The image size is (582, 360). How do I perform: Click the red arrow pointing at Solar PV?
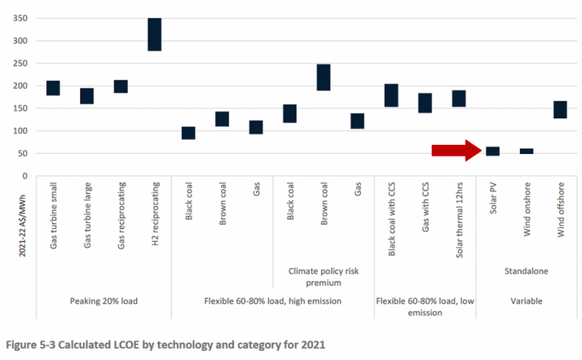[x=455, y=150]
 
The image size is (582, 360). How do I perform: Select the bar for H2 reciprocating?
[x=154, y=35]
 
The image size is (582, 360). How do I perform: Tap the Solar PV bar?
[x=493, y=152]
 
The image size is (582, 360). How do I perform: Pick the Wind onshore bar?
[x=526, y=152]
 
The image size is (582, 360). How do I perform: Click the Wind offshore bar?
[x=560, y=110]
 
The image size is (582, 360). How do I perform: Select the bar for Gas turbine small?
[x=53, y=88]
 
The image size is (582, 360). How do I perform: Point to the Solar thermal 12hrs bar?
[x=458, y=99]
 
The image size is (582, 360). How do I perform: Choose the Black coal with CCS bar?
[x=391, y=95]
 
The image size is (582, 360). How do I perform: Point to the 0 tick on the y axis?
[x=25, y=177]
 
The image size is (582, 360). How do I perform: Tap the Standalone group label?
[x=526, y=269]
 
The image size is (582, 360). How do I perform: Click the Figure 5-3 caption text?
[x=165, y=345]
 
